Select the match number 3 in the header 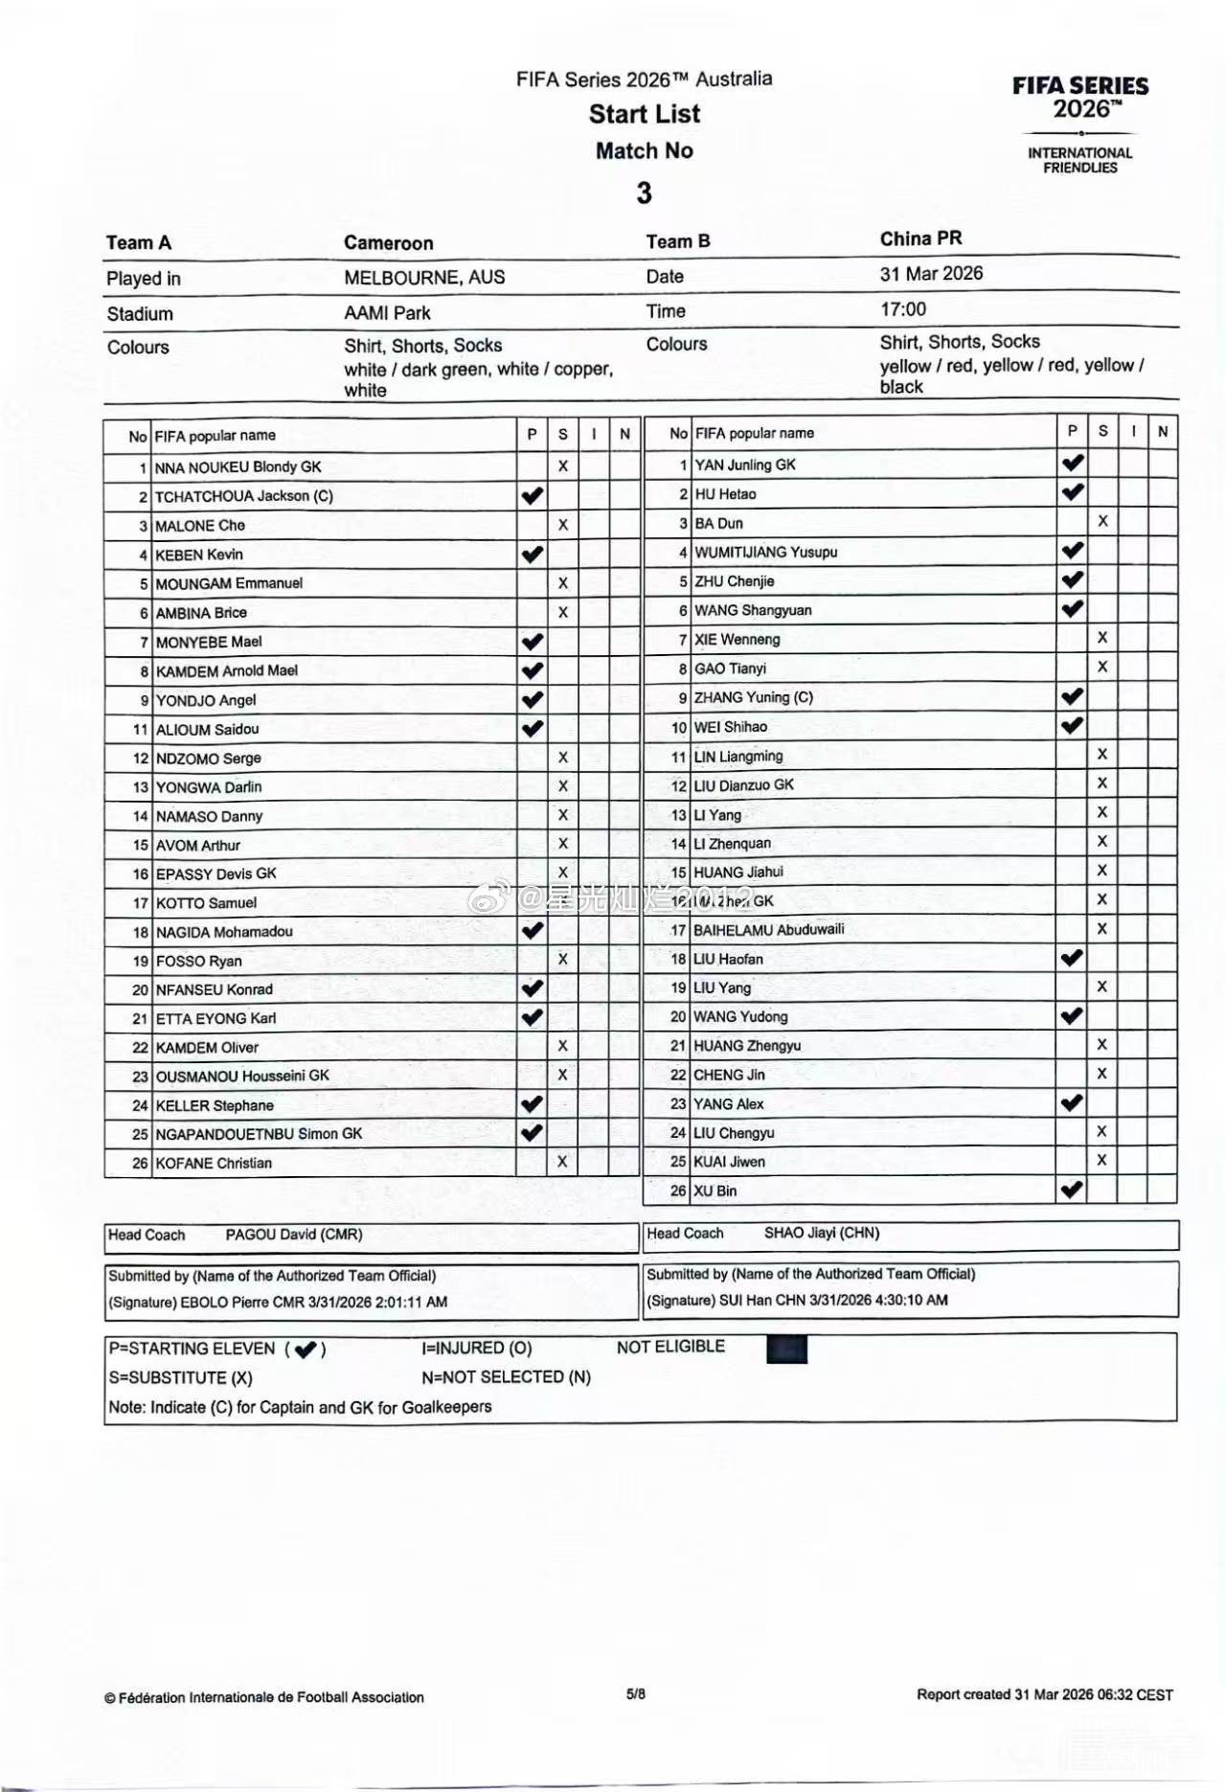645,193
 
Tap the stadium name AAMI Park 387,313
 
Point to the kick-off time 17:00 903,309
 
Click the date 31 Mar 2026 931,274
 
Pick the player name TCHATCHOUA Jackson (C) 244,496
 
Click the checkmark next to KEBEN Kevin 533,555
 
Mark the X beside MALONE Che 563,525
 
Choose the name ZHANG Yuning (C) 754,697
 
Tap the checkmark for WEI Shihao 1073,726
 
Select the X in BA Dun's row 1103,522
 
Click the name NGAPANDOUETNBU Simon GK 259,1134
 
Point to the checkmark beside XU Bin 1073,1191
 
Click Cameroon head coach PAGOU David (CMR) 294,1235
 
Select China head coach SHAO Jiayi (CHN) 822,1233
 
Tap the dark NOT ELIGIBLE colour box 786,1350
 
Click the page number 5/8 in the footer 636,1693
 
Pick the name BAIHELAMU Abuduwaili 769,930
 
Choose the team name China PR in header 920,238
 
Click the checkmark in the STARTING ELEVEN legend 306,1350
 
